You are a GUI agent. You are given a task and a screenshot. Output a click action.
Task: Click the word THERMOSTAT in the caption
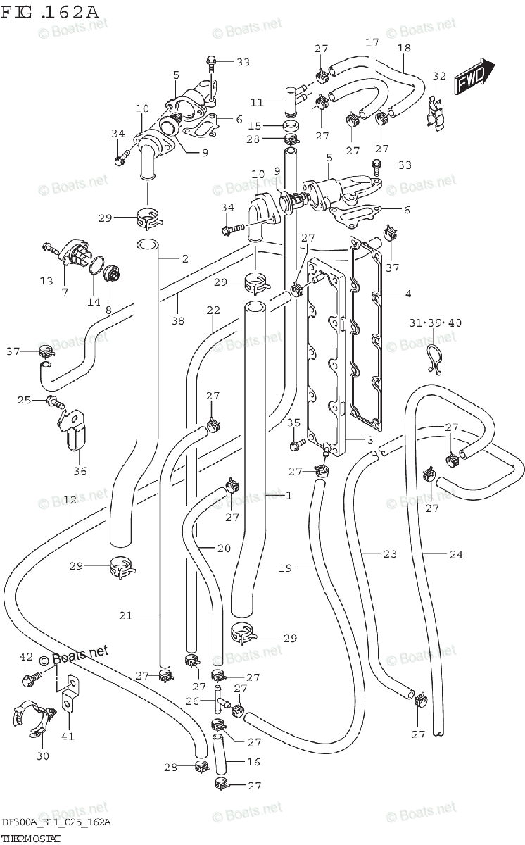pyautogui.click(x=30, y=838)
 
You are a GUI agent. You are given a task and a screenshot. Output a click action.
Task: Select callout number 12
pyautogui.click(x=70, y=501)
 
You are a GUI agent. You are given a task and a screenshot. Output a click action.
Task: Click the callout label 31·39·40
pyautogui.click(x=435, y=323)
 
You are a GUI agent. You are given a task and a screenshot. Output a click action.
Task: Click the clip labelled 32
pyautogui.click(x=438, y=110)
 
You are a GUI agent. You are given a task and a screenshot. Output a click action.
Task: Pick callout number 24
pyautogui.click(x=456, y=554)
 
